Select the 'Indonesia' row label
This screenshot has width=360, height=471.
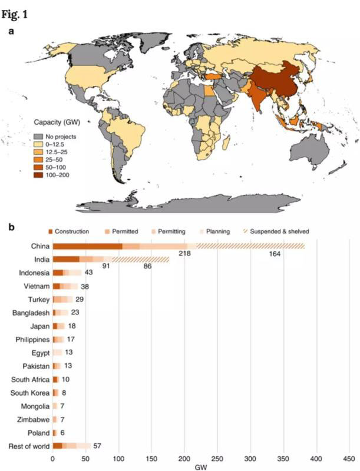coord(34,273)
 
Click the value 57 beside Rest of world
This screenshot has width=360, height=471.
coord(98,446)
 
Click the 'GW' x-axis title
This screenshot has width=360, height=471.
coord(202,466)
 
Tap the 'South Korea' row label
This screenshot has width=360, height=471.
coord(31,392)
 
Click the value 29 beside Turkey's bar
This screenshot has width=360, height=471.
coord(80,299)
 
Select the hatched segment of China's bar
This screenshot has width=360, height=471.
coord(250,246)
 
